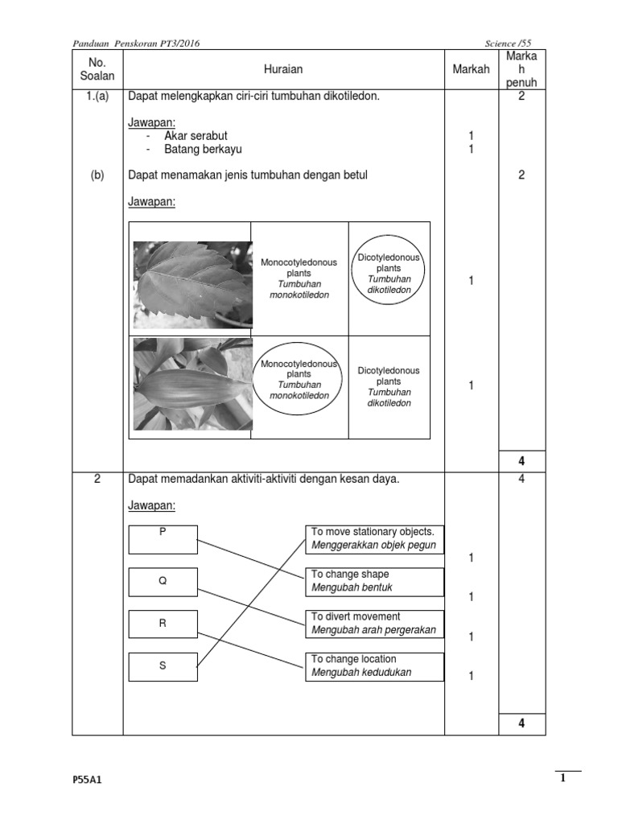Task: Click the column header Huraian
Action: point(283,70)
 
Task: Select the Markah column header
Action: point(471,70)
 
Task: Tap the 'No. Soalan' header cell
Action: point(97,69)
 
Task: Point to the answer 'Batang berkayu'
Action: point(203,149)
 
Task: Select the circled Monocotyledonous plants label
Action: point(299,379)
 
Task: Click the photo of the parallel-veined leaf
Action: point(192,384)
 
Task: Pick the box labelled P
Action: point(163,539)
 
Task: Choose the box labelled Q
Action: point(163,582)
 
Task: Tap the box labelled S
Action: point(163,666)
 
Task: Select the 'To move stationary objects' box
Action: point(374,538)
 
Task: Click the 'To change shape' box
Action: point(374,581)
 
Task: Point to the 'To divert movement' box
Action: point(374,624)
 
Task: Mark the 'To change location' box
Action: point(374,665)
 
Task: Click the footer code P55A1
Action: point(87,780)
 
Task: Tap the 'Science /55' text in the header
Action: point(510,42)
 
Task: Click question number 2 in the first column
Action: point(97,480)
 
